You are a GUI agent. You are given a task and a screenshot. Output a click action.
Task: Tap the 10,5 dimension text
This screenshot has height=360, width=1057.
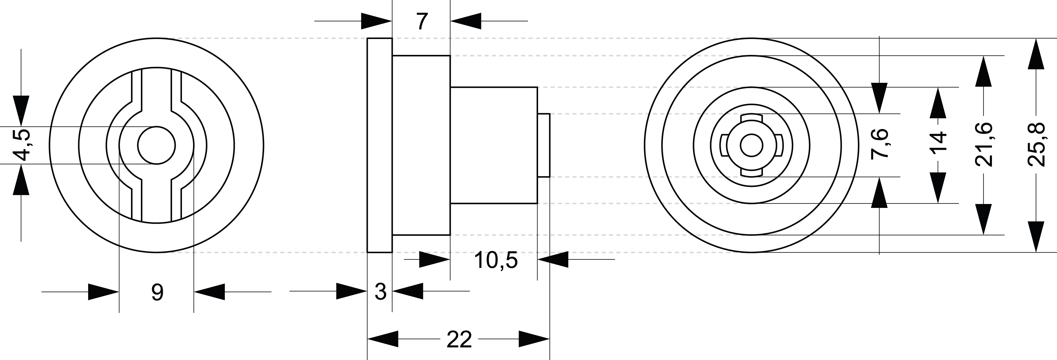[x=496, y=260]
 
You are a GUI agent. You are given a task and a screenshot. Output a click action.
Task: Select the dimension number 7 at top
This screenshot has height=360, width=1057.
[x=421, y=22]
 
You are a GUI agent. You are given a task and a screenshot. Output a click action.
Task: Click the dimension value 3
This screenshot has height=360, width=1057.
[x=380, y=292]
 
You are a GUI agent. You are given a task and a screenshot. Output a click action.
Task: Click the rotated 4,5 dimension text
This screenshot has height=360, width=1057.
[x=20, y=145]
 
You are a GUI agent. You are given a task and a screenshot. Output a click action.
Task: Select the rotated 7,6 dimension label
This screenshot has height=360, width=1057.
[x=879, y=143]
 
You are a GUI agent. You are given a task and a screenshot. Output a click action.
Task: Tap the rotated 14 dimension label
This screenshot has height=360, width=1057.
[x=938, y=143]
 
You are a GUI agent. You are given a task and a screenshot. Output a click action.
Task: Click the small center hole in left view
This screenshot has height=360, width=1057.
[x=156, y=145]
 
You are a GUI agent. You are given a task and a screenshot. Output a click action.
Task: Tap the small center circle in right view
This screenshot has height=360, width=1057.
[x=751, y=145]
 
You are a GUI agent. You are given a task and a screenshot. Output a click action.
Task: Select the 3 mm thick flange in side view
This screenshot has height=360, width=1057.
[x=380, y=145]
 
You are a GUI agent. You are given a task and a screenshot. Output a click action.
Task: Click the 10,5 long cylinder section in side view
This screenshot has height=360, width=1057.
[x=494, y=145]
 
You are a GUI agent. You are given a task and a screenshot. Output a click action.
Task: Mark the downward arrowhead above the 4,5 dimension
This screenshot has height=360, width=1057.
[x=21, y=110]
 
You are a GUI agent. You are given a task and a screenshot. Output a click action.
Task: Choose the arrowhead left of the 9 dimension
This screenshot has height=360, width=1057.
[x=103, y=292]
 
